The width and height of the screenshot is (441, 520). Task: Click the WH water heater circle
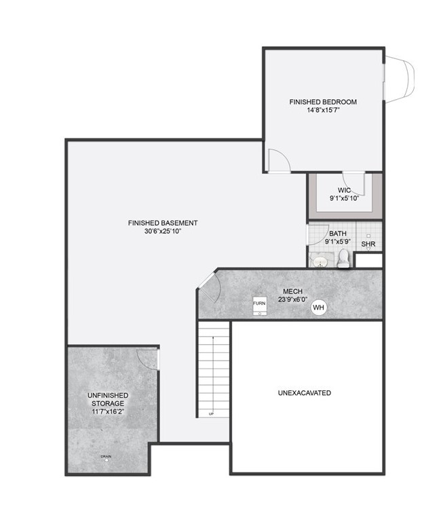[x=319, y=308]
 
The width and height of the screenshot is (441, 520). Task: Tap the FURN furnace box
[x=260, y=305]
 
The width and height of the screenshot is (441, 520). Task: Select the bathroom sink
[x=319, y=261]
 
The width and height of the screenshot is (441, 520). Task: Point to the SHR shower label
[x=368, y=244]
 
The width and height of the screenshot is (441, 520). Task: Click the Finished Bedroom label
[x=323, y=102]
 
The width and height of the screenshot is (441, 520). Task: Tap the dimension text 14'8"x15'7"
[x=323, y=111]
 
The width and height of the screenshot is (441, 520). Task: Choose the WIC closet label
[x=344, y=190]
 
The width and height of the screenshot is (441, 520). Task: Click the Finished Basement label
[x=163, y=223]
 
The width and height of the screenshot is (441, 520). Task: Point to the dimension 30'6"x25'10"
[x=163, y=231]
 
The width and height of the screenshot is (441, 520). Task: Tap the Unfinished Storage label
[x=108, y=399]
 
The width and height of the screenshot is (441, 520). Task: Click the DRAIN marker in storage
[x=106, y=456]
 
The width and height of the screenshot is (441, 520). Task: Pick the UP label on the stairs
[x=211, y=413]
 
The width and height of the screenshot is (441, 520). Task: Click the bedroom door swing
[x=279, y=160]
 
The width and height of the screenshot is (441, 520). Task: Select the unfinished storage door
[x=147, y=358]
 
